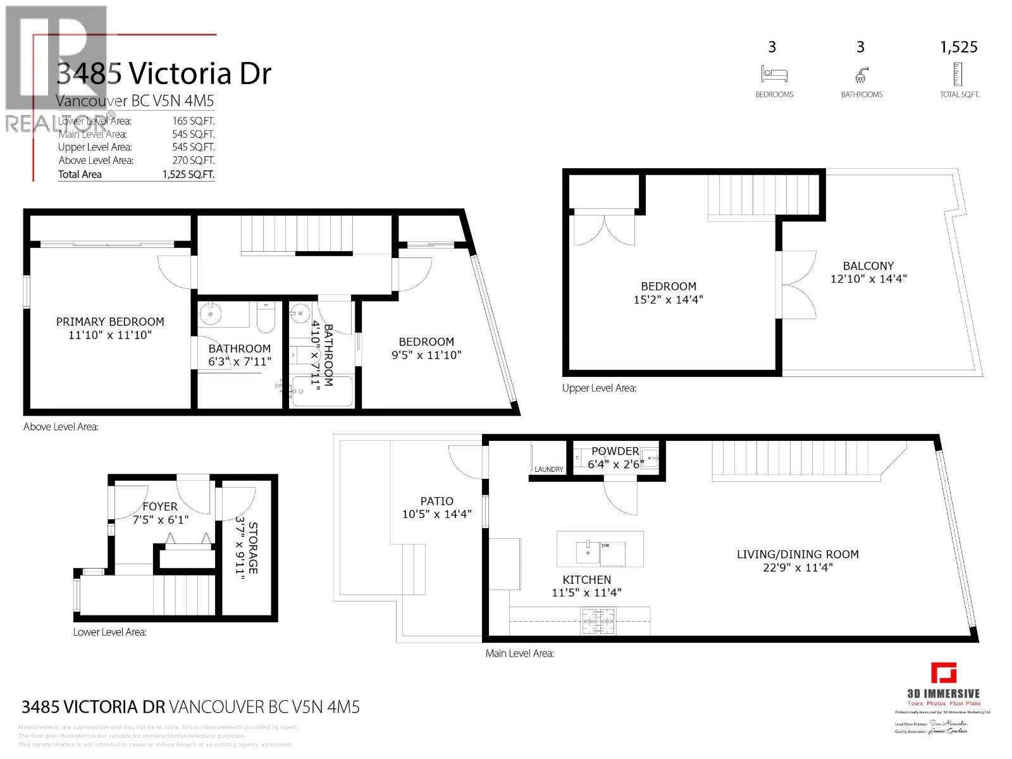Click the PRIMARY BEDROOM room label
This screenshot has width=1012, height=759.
pyautogui.click(x=110, y=322)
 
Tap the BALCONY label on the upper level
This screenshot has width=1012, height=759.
pyautogui.click(x=868, y=266)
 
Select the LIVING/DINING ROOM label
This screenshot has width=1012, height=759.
pyautogui.click(x=797, y=555)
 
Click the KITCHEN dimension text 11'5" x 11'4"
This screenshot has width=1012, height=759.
pyautogui.click(x=586, y=593)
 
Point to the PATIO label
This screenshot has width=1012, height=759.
pyautogui.click(x=436, y=502)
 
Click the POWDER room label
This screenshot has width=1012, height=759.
pyautogui.click(x=615, y=452)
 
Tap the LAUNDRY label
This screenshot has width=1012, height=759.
pyautogui.click(x=548, y=469)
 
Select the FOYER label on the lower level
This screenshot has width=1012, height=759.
pyautogui.click(x=160, y=507)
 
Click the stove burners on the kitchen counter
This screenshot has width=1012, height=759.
pyautogui.click(x=598, y=620)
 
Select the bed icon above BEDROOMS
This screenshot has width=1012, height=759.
pyautogui.click(x=774, y=75)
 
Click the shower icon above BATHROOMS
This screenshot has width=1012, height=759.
pyautogui.click(x=861, y=76)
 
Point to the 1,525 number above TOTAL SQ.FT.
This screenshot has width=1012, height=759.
pyautogui.click(x=958, y=47)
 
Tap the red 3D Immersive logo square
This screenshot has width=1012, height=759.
pyautogui.click(x=943, y=673)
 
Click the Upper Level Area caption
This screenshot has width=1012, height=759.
pyautogui.click(x=599, y=388)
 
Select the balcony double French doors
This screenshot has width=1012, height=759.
pyautogui.click(x=798, y=285)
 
